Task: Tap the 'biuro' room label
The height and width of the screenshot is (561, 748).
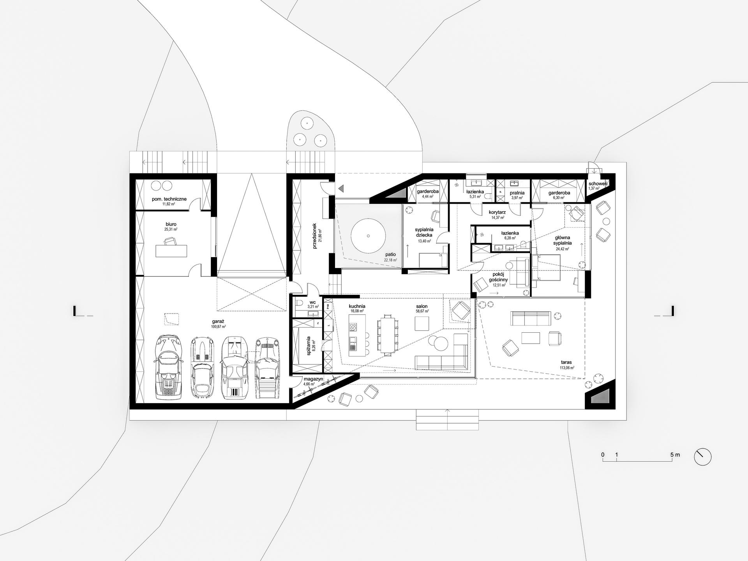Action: [x=171, y=224]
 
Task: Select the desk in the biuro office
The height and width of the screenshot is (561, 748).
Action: [x=171, y=251]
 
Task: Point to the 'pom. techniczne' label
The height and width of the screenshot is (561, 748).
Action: [x=169, y=199]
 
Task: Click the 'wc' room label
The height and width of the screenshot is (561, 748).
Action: [x=312, y=302]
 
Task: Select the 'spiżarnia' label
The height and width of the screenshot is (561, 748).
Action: [x=309, y=346]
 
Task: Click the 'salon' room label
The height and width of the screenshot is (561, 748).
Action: [x=422, y=307]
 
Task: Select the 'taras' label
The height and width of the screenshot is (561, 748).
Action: [x=566, y=362]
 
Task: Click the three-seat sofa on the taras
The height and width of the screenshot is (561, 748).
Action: [x=531, y=318]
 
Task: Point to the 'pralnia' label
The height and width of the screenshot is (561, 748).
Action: [x=517, y=193]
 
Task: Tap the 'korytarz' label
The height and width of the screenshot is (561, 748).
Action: [x=497, y=212]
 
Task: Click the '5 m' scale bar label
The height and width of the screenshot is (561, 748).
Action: [x=675, y=455]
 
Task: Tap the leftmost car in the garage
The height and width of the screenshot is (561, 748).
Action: [x=169, y=367]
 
